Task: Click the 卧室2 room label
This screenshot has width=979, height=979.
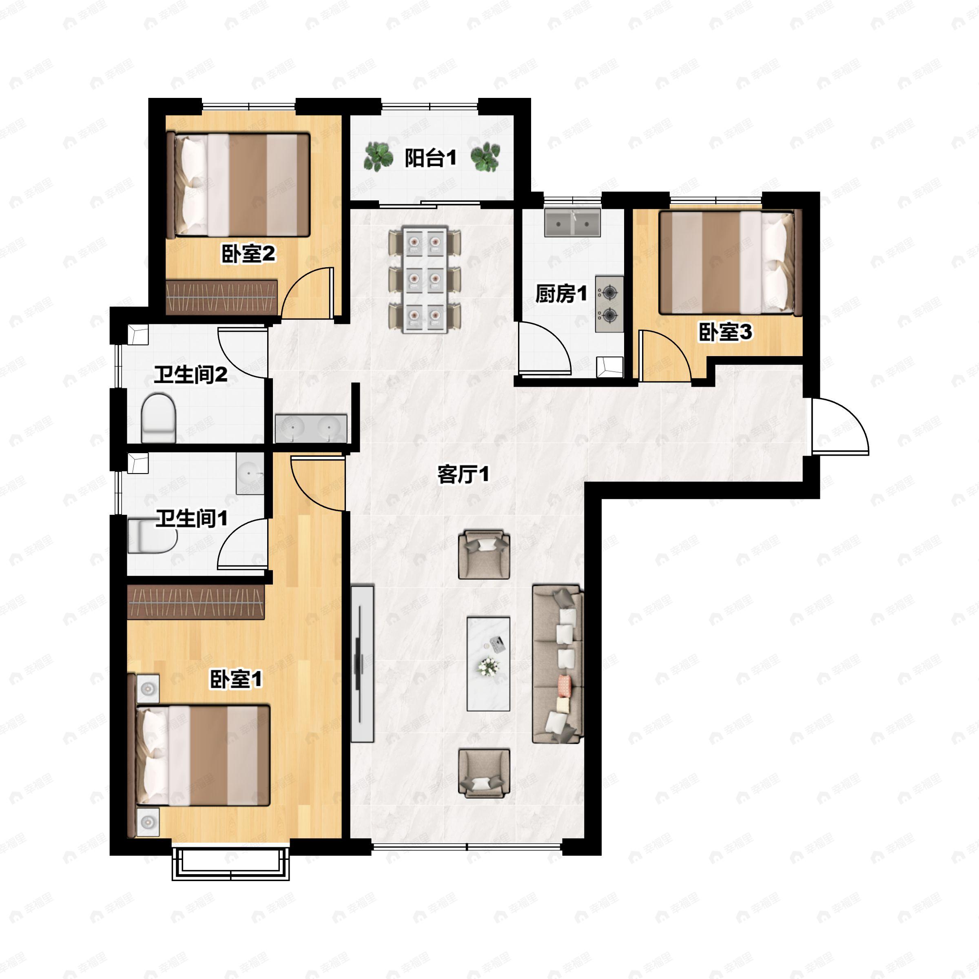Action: (x=248, y=253)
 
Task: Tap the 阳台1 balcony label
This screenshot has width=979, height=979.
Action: (x=430, y=158)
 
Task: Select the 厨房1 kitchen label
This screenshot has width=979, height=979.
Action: (x=561, y=293)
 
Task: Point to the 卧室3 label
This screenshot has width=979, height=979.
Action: (x=725, y=332)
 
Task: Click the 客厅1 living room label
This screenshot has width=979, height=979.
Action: (x=463, y=475)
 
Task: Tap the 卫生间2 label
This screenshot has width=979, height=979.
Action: (x=190, y=375)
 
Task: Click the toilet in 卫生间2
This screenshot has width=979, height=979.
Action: (x=158, y=418)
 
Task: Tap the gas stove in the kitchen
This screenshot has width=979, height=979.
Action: (x=609, y=304)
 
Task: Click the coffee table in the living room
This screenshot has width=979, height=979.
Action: (x=488, y=663)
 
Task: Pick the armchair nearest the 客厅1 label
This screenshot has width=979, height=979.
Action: (x=484, y=554)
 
